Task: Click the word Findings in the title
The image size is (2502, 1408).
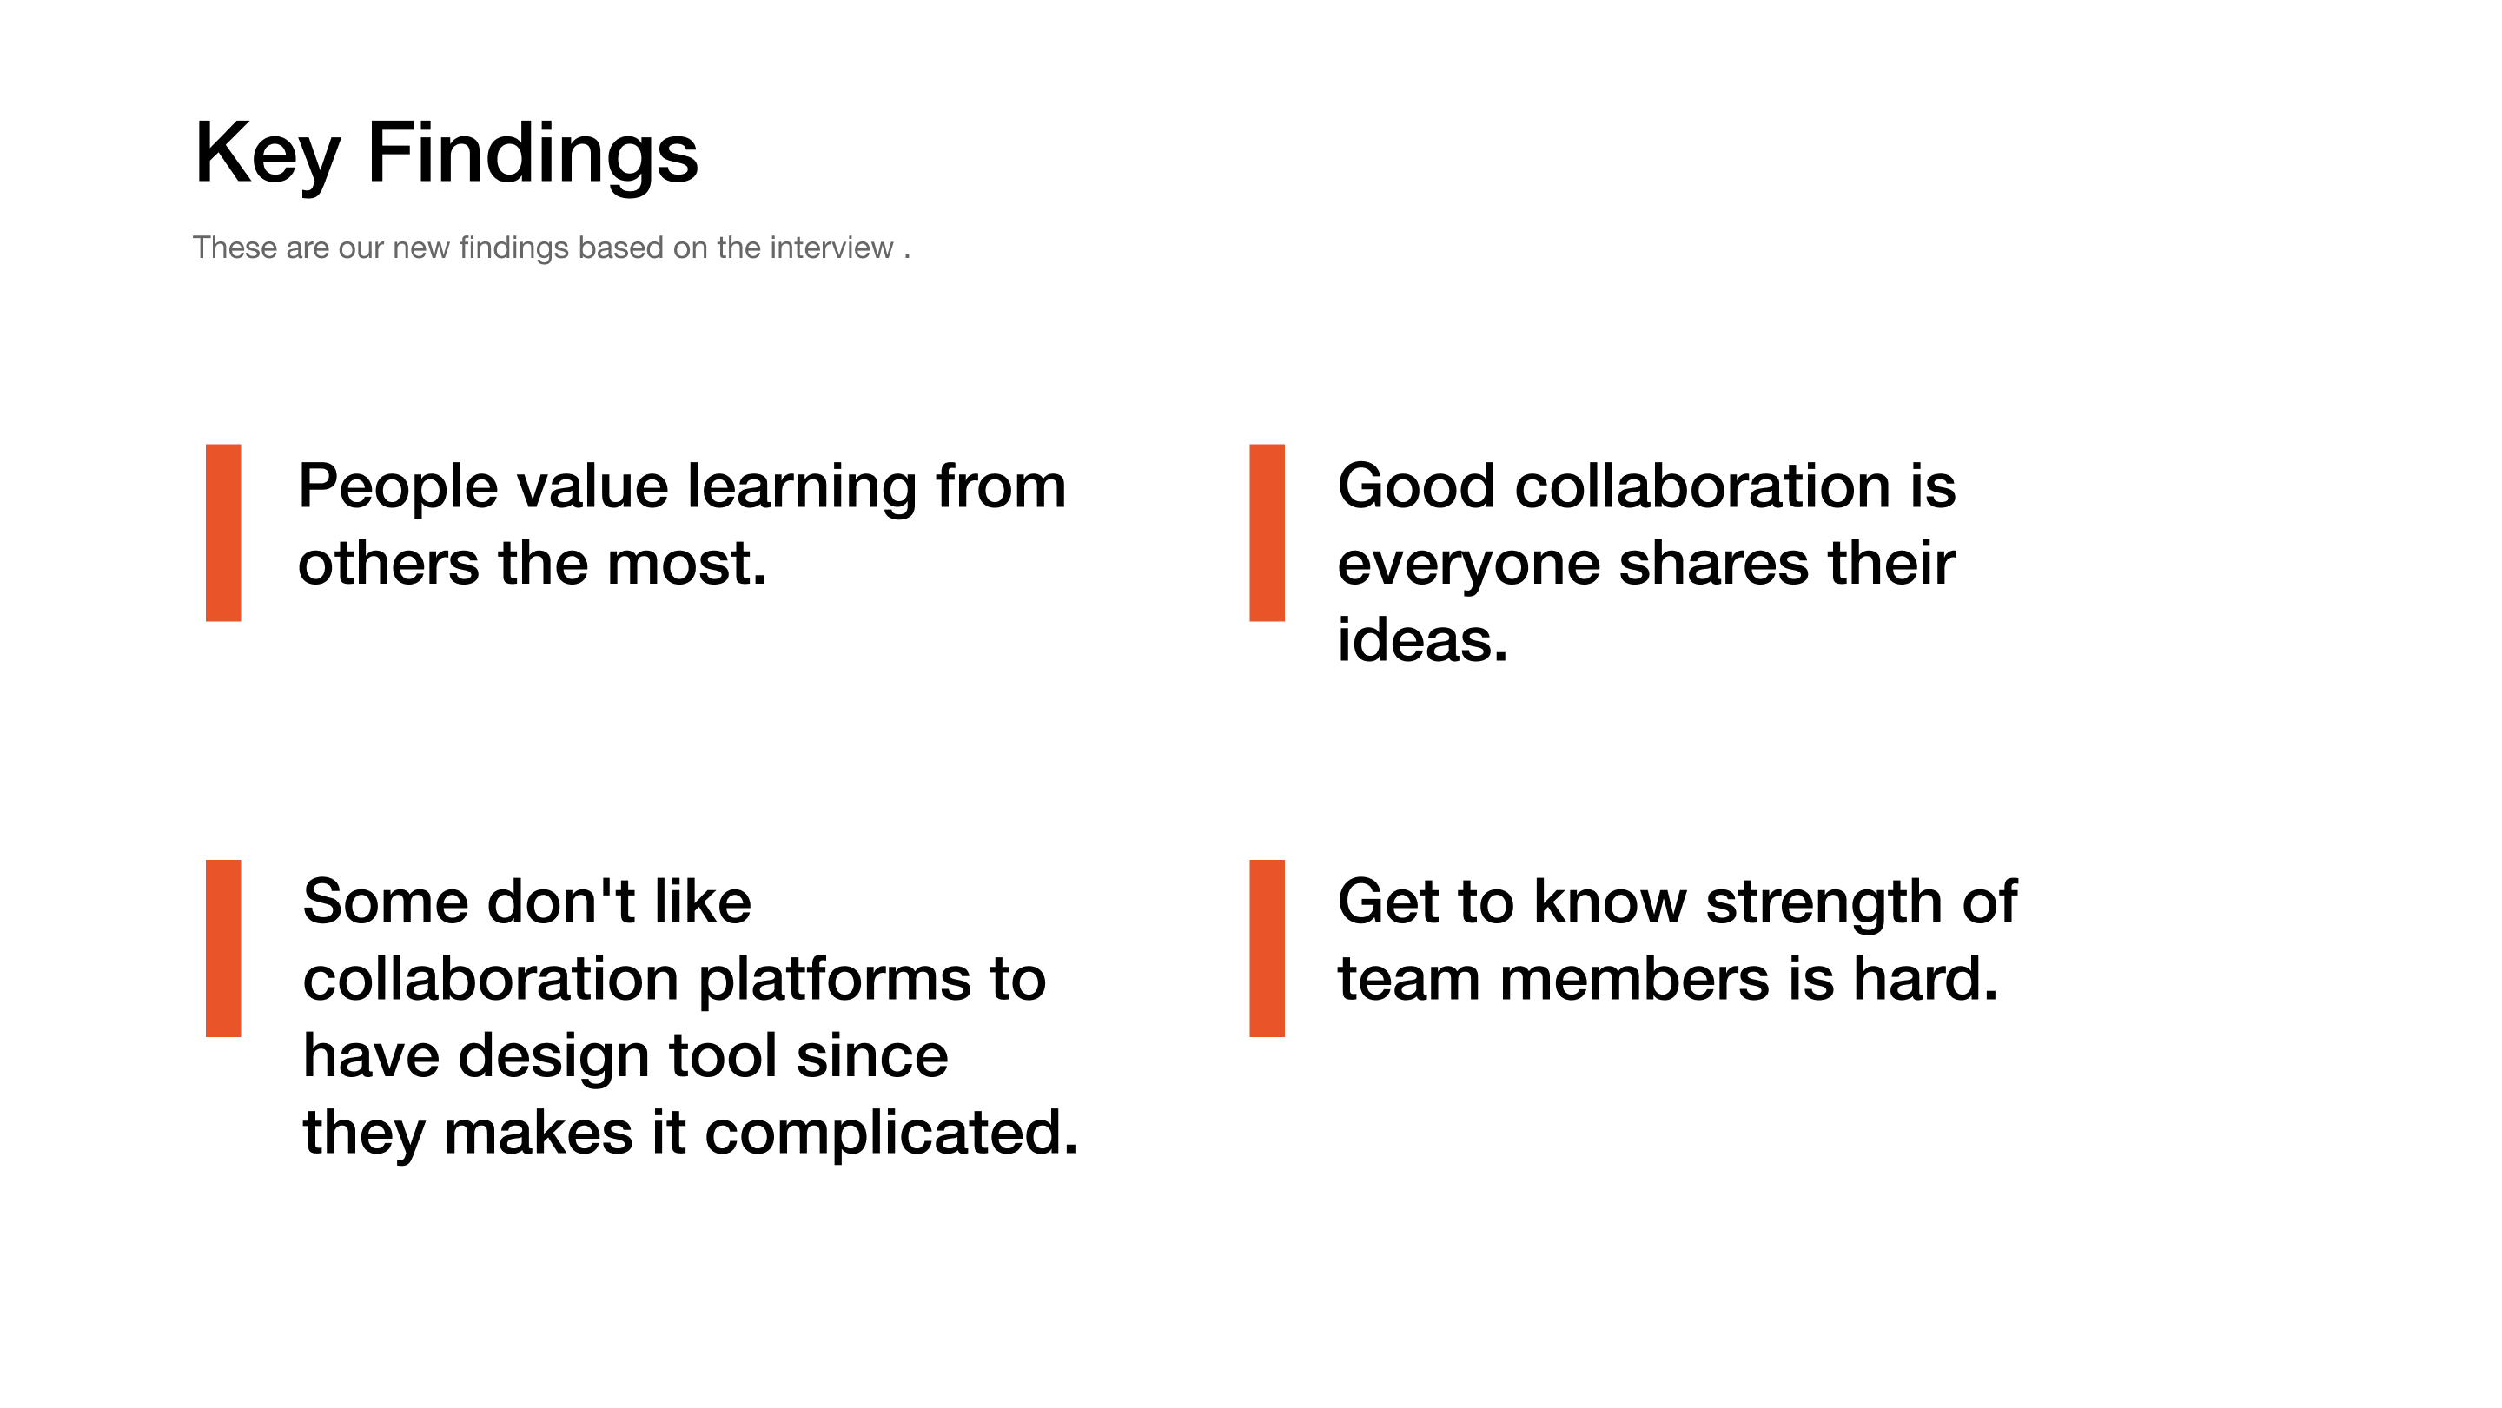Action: [533, 154]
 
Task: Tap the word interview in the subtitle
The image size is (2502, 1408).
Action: [831, 248]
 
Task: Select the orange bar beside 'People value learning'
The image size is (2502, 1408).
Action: [223, 533]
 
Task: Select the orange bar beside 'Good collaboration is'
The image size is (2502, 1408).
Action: [1267, 533]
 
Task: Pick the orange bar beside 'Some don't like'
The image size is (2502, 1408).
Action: [223, 949]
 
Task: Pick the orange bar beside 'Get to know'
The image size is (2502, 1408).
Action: [1267, 949]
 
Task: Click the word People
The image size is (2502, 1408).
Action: [398, 488]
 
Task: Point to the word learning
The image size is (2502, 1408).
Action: [801, 488]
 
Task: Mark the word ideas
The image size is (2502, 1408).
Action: [1423, 640]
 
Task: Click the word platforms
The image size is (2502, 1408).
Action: [834, 981]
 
